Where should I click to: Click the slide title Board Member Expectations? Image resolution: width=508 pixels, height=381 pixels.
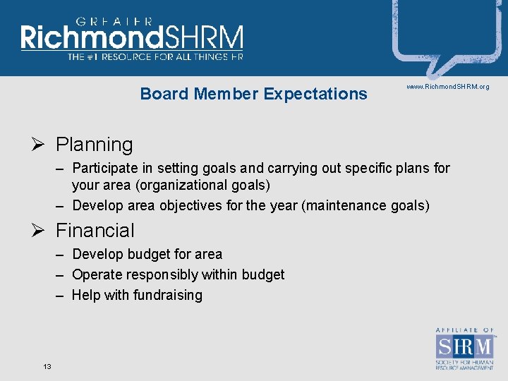[253, 94]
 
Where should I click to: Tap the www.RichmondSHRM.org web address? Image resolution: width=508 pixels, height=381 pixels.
[447, 87]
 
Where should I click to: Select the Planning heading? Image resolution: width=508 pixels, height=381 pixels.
[94, 145]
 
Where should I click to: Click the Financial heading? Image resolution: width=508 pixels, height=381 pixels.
[95, 231]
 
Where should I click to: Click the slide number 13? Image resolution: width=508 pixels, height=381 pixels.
[47, 365]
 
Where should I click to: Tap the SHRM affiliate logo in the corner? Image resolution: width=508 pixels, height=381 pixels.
[464, 349]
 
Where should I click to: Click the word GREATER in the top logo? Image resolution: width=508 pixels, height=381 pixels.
[114, 21]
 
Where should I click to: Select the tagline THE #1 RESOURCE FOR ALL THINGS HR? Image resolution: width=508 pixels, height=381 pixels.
[155, 56]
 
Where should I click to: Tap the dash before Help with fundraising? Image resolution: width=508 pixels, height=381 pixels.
[61, 296]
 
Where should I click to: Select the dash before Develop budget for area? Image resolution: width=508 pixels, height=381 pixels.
[61, 254]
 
